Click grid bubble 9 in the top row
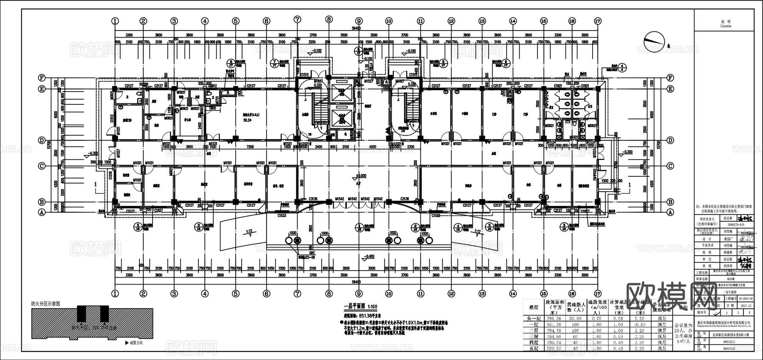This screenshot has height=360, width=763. click(x=359, y=20)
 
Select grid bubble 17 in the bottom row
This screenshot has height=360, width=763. click(x=598, y=293)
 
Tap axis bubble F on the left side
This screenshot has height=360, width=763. click(x=42, y=78)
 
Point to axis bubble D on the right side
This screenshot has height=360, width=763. click(x=670, y=140)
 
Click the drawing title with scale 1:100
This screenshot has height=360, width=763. click(x=360, y=306)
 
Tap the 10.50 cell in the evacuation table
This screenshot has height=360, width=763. click(x=639, y=324)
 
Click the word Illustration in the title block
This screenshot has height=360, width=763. click(x=726, y=26)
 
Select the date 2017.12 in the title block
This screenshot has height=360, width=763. click(x=745, y=305)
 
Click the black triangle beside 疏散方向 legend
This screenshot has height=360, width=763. click(x=127, y=343)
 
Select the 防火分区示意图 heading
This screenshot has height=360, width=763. click(x=45, y=304)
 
